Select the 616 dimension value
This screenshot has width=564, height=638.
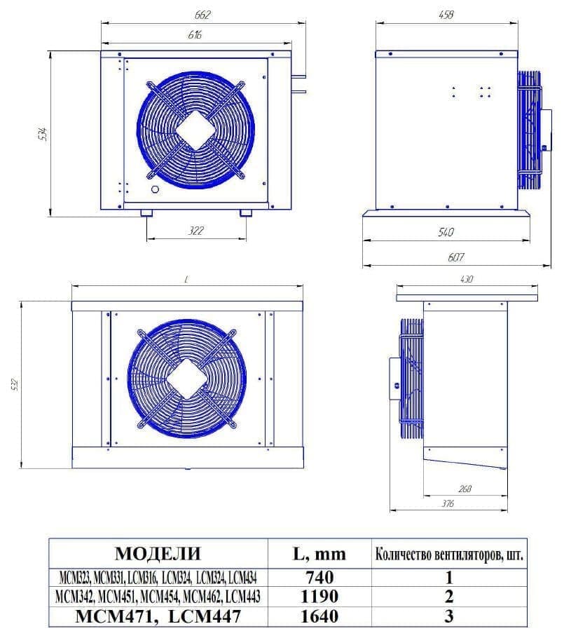click(x=195, y=34)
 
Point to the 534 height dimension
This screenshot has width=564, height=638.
click(x=41, y=134)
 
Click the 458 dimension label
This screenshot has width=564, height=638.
click(x=445, y=15)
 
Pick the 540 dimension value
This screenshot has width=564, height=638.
click(x=446, y=232)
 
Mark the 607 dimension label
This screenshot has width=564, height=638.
click(x=455, y=257)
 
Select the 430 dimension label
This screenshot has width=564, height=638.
click(x=467, y=278)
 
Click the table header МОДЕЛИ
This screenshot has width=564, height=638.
click(x=158, y=554)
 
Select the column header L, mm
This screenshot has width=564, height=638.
click(x=319, y=554)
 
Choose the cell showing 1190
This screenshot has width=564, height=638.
click(x=319, y=597)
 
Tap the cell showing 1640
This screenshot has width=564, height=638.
click(x=319, y=616)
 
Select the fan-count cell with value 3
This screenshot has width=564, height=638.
click(x=449, y=616)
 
